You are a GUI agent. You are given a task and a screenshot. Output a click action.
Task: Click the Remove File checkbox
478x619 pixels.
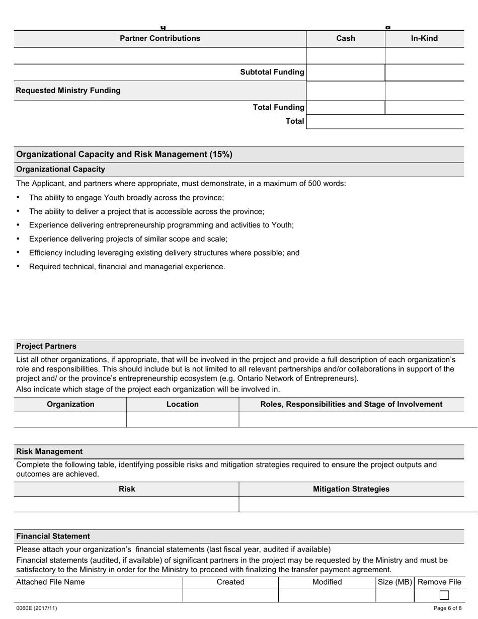pos(444,595)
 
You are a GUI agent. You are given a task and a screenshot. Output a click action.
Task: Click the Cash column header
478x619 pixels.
pos(345,38)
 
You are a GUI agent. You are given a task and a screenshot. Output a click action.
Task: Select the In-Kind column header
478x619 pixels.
pos(424,38)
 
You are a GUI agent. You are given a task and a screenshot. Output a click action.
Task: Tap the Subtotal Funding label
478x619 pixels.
pos(272,72)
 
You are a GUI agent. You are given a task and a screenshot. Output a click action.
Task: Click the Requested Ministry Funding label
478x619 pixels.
pos(68,91)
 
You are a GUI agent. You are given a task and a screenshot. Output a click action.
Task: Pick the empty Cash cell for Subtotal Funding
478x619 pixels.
pos(345,72)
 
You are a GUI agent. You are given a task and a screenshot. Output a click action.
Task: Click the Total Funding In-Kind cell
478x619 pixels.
pos(424,107)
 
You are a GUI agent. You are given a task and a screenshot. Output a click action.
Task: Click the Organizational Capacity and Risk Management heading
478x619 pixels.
pos(124,154)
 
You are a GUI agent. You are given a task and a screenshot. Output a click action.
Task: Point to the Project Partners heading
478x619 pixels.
pos(46,346)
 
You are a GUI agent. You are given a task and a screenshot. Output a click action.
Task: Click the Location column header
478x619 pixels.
pos(182,404)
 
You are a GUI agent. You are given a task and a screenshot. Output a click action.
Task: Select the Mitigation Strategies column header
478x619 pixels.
pos(351,489)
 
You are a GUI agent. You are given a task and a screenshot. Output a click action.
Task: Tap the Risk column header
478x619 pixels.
pos(127,489)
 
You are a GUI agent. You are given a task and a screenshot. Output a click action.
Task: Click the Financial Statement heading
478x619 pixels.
pos(53,536)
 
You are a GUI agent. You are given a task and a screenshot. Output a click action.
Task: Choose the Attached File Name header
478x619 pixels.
pos(50,582)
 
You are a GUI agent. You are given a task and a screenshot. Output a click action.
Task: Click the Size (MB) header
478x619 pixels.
pos(395,582)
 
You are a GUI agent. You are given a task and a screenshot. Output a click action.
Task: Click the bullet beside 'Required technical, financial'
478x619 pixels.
pos(19,266)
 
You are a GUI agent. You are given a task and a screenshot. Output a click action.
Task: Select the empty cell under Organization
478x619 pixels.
pos(70,419)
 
